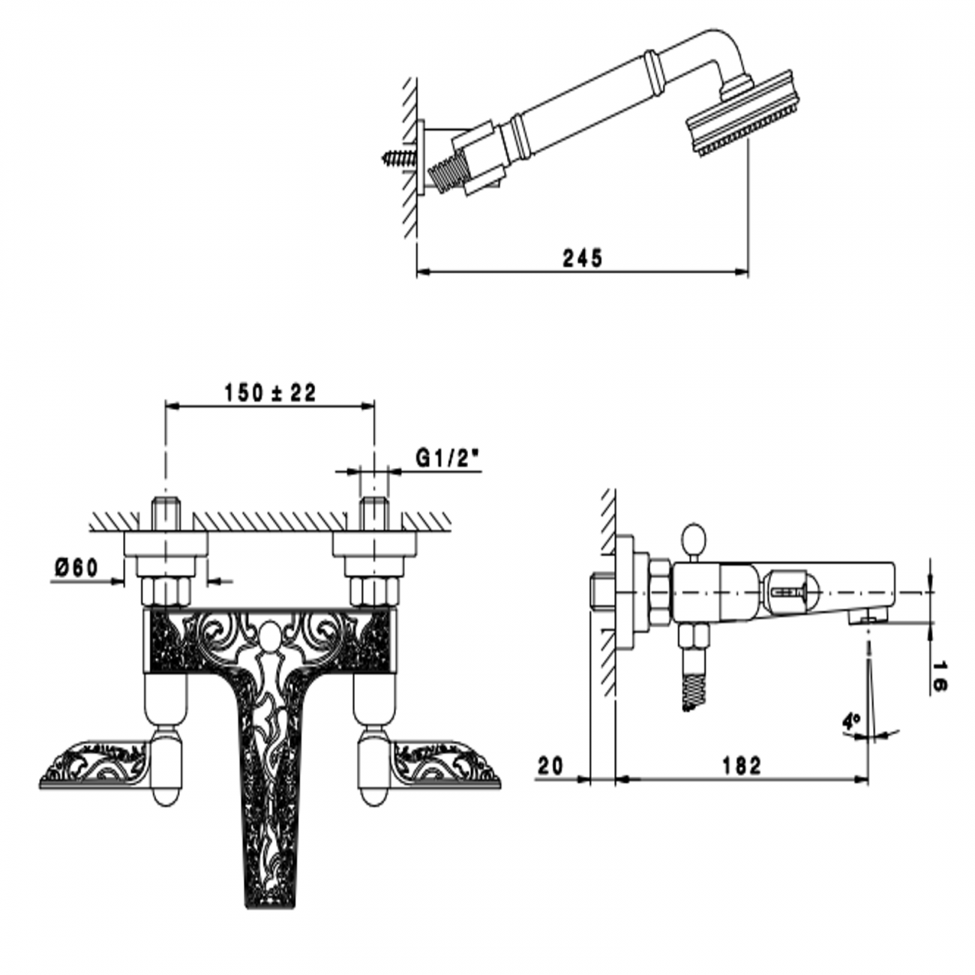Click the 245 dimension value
tap(582, 259)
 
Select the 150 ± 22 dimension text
tap(270, 393)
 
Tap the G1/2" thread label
tap(447, 458)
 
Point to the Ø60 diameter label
tap(76, 568)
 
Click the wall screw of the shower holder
tap(400, 157)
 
